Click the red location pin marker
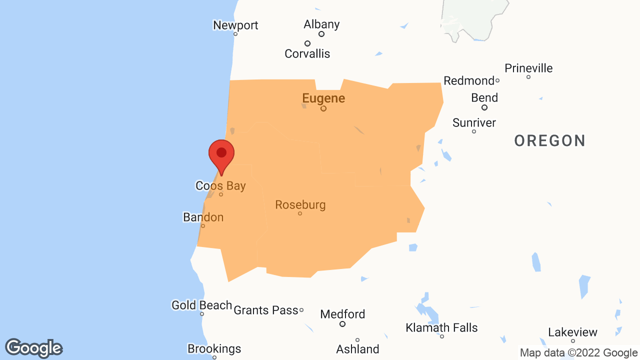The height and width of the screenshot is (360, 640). coord(221,155)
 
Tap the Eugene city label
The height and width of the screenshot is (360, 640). coord(323,98)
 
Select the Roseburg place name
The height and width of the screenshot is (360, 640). coord(300,204)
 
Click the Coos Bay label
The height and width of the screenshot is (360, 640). coord(220,186)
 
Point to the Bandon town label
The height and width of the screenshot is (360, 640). coord(203,217)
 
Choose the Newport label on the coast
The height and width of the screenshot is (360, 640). coord(235,25)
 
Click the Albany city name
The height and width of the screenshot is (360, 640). coord(321,24)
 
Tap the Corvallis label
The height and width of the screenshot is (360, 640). coord(307,53)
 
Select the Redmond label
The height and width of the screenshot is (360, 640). coord(468,80)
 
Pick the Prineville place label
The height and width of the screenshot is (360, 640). coord(528,68)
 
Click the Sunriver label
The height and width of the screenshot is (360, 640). coord(474,122)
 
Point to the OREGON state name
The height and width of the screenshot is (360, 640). coord(549,141)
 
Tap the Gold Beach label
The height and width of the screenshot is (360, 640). coord(201,305)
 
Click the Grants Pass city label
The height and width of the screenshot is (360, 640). coord(265,310)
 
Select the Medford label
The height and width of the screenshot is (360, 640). coord(342,314)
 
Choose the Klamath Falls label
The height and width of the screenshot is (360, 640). coord(441,327)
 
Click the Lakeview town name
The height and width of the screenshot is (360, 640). coord(572,332)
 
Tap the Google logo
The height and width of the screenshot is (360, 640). coord(33,348)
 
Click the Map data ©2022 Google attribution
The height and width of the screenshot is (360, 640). coord(578,352)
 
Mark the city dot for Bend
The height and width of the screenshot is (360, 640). coord(484,107)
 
